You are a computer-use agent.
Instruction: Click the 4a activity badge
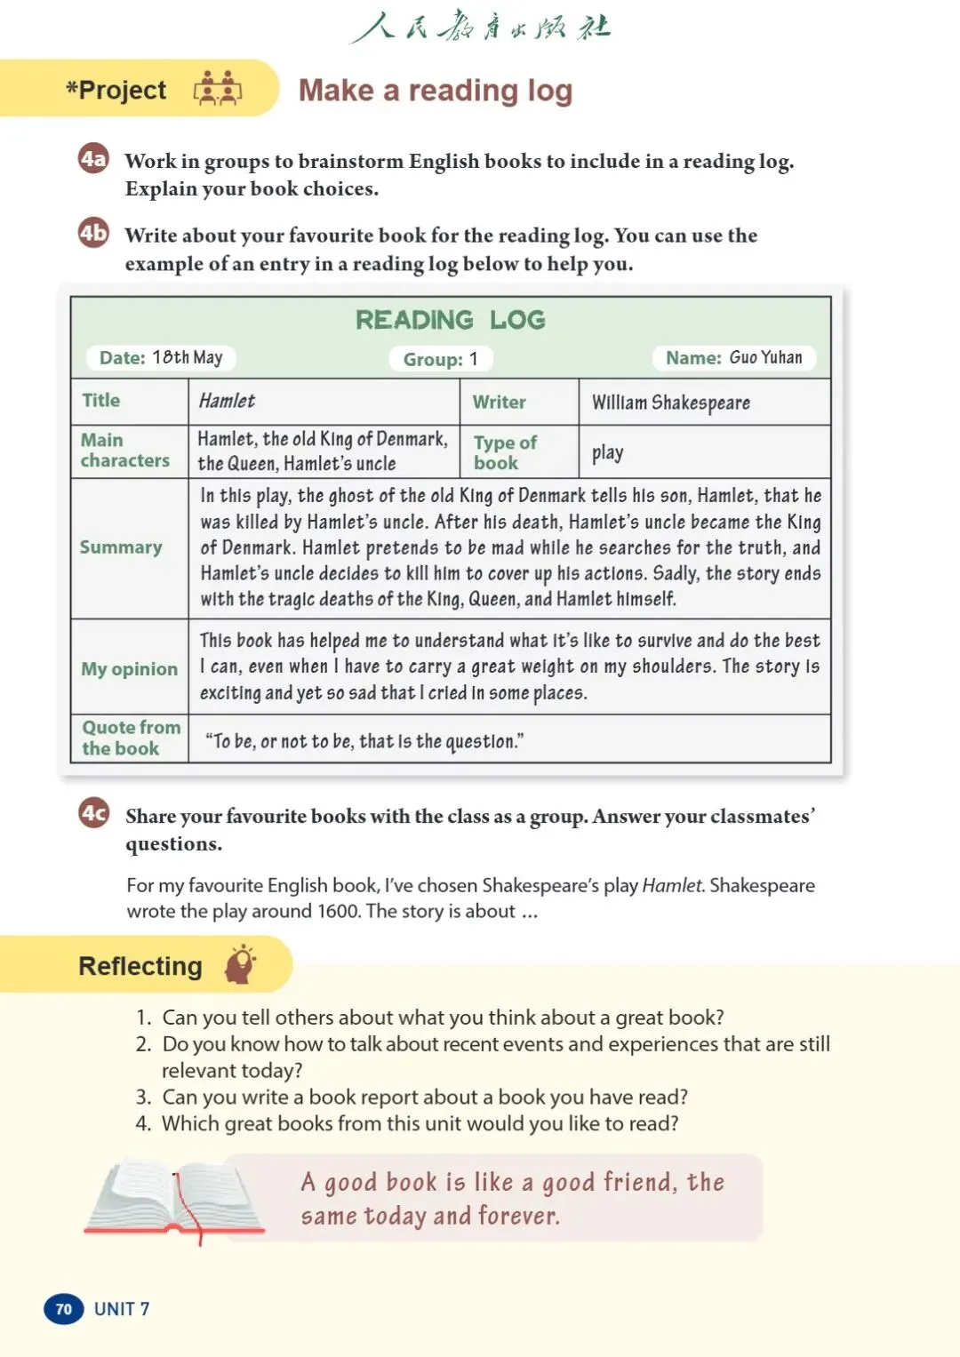click(x=93, y=159)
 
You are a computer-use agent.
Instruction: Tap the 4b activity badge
click(x=93, y=233)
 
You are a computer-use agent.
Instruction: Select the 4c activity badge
click(x=94, y=812)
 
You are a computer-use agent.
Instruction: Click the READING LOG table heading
click(x=450, y=320)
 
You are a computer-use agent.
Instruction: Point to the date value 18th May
click(x=187, y=357)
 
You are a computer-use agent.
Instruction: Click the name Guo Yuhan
click(x=765, y=357)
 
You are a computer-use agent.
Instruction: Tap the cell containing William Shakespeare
click(x=671, y=403)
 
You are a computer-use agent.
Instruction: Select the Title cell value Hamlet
click(x=227, y=401)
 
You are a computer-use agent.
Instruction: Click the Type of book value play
click(x=607, y=452)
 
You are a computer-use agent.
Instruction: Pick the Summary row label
click(x=121, y=547)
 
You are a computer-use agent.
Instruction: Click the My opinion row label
click(x=129, y=669)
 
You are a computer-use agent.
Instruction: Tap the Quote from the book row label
click(x=130, y=738)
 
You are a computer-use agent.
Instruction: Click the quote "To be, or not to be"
click(x=364, y=741)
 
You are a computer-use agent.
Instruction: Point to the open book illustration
click(x=174, y=1199)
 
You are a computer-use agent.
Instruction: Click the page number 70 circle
click(x=63, y=1309)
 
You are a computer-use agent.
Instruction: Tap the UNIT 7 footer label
click(x=122, y=1309)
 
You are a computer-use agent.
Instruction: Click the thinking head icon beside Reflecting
click(x=240, y=964)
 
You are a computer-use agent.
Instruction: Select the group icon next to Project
click(x=218, y=89)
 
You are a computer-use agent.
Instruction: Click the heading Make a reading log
click(x=435, y=91)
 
